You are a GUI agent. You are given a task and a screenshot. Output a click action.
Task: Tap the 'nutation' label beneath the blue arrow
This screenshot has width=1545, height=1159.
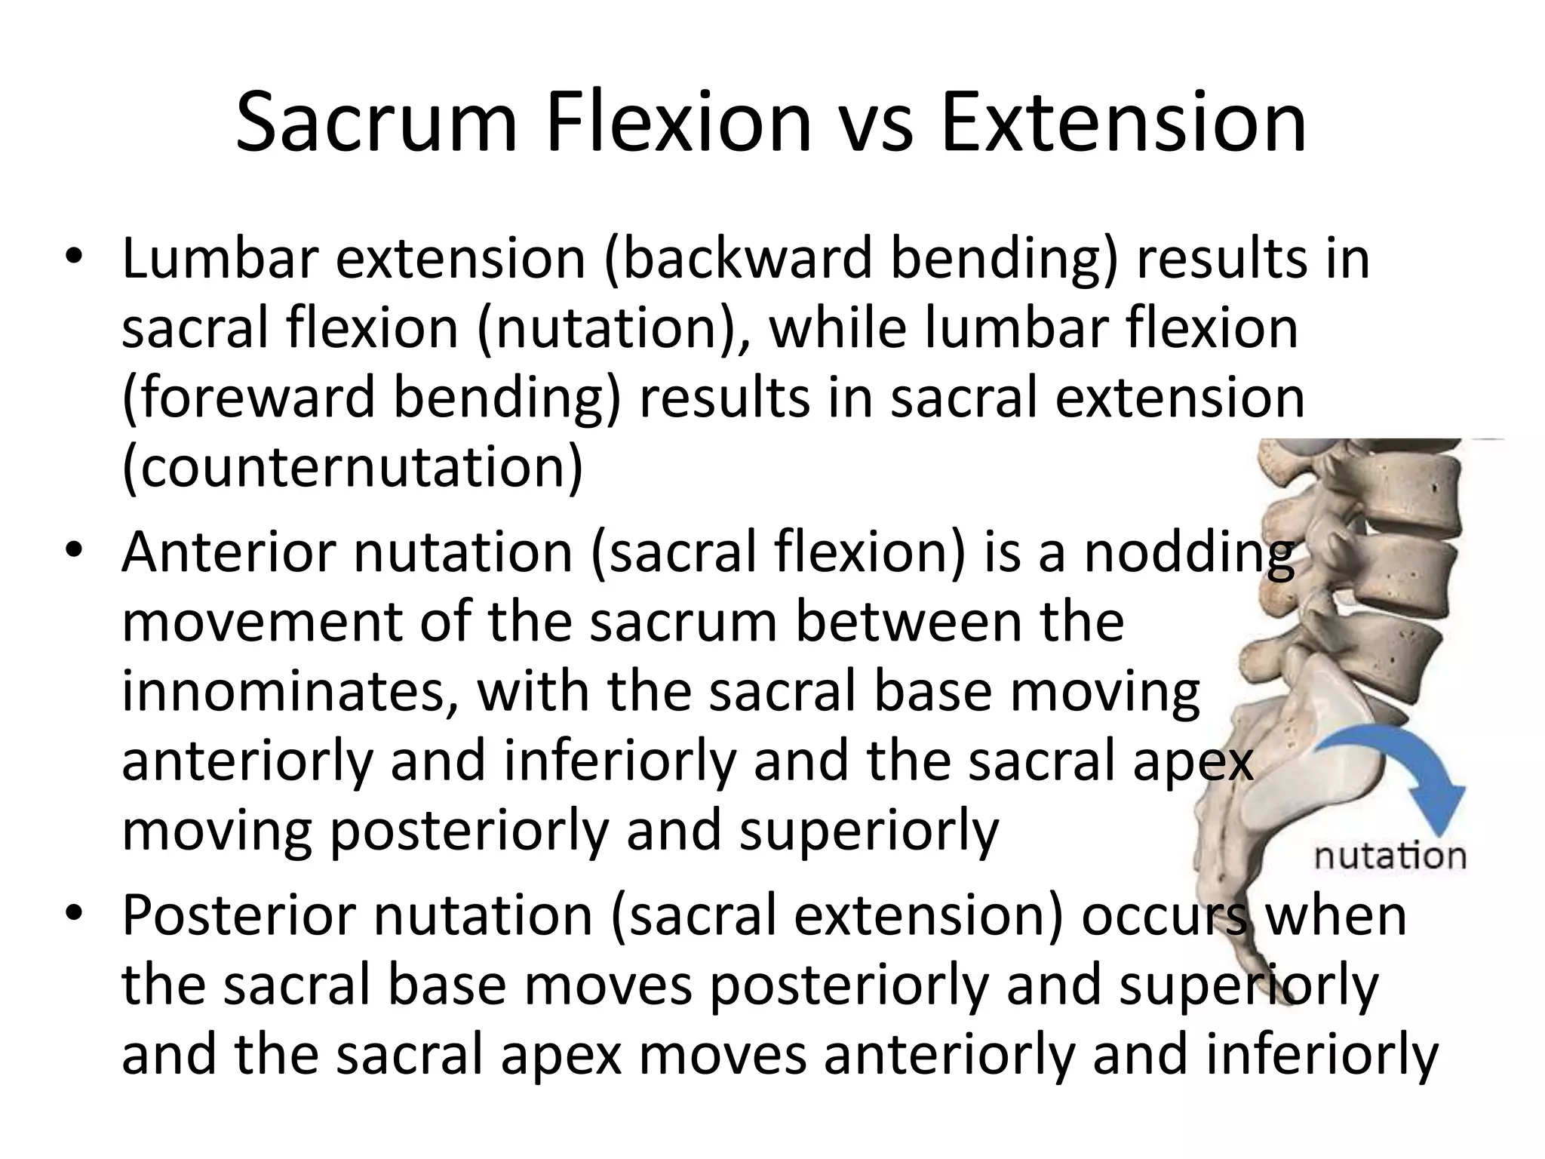pos(1390,856)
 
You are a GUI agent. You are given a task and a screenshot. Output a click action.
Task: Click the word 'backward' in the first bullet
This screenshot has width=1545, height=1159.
pos(736,259)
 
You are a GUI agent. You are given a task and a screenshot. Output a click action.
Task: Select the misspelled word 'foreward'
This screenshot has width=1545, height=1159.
pos(249,398)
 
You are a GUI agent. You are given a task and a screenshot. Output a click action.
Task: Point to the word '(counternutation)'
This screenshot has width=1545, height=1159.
pos(352,469)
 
